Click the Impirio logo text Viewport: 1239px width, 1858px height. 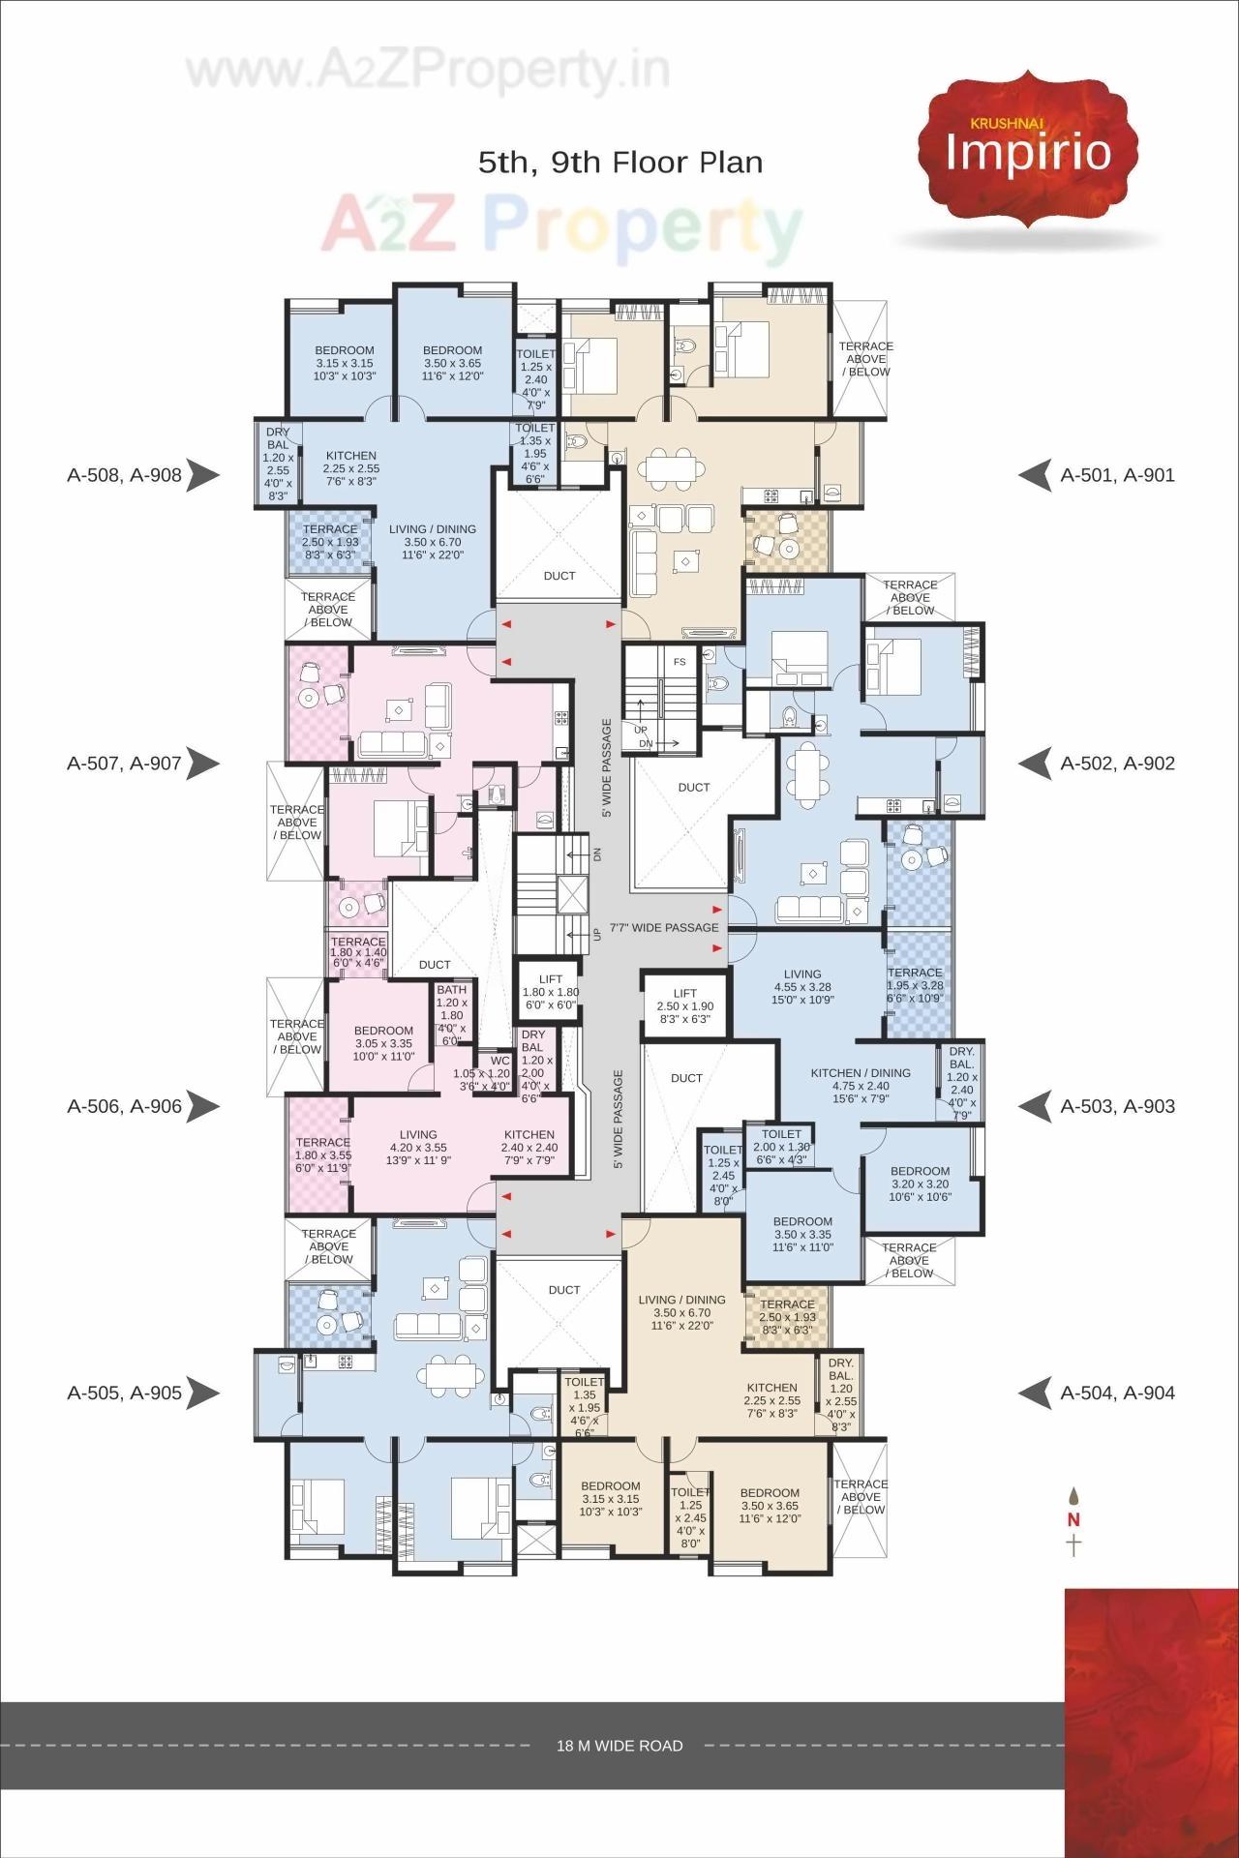1028,153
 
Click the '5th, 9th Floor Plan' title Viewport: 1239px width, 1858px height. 620,162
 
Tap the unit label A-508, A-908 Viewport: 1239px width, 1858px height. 124,474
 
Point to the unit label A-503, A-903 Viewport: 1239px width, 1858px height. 1117,1105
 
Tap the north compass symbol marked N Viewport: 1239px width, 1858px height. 1073,1519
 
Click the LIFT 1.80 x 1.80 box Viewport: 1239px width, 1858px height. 551,991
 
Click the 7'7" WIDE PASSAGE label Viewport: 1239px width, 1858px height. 664,927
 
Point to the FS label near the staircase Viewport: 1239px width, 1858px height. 680,662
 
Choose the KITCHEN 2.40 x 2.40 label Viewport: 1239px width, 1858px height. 529,1141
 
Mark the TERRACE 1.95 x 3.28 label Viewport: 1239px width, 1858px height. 915,985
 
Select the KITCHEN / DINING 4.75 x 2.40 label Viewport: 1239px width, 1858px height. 860,1079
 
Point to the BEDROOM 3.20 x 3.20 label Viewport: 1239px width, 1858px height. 920,1184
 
